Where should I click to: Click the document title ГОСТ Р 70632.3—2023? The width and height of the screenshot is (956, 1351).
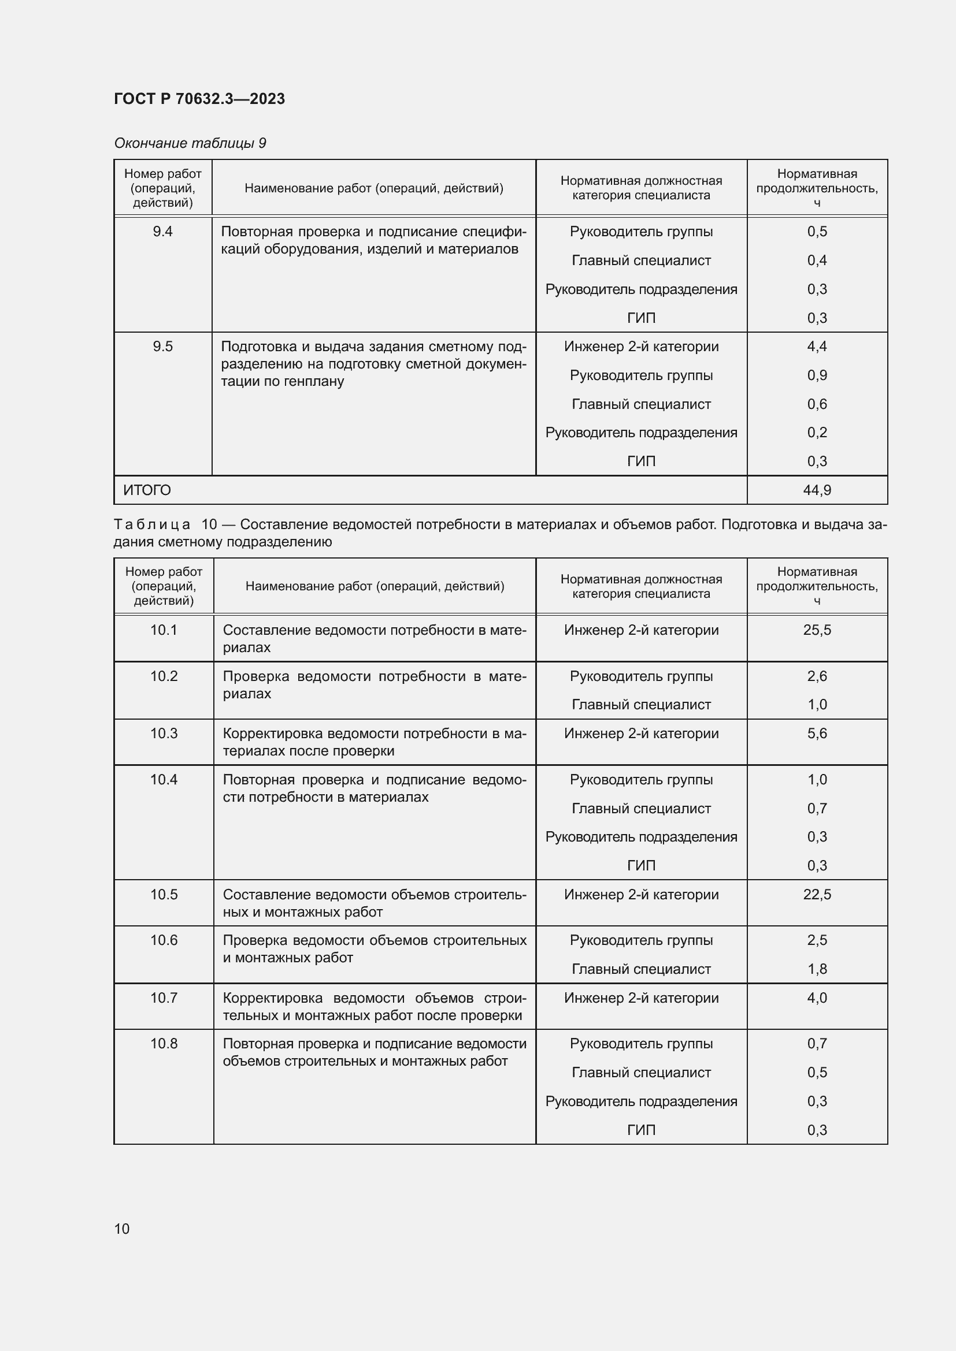pos(199,99)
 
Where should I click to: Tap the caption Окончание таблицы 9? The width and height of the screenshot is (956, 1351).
pos(190,143)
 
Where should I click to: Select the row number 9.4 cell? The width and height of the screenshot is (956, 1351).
pos(162,231)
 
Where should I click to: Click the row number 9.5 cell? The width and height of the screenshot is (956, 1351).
pos(162,347)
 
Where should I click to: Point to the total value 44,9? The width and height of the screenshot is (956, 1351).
pos(817,490)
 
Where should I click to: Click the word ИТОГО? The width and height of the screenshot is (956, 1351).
pos(147,490)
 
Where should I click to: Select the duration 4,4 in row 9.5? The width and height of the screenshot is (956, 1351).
pos(817,347)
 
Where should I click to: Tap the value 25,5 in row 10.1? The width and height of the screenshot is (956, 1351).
pos(817,630)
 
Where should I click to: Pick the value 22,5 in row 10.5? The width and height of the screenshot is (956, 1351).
pos(817,894)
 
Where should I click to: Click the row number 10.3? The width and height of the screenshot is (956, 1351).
pos(164,733)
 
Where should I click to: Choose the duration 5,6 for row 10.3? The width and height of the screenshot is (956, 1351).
pos(817,733)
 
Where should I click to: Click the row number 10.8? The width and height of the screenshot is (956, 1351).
pos(164,1043)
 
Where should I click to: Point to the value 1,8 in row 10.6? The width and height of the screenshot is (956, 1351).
pos(817,969)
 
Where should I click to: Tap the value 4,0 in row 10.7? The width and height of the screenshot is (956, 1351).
pos(817,998)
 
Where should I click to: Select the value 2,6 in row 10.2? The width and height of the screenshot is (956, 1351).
pos(817,676)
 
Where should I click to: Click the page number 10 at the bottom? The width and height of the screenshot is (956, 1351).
pos(122,1229)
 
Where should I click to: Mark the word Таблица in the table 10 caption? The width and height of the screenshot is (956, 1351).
pos(151,524)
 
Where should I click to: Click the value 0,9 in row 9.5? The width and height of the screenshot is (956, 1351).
pos(817,375)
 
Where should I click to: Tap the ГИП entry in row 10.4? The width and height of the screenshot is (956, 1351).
pos(640,866)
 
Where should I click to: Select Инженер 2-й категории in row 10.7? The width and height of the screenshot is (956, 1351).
pos(640,998)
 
